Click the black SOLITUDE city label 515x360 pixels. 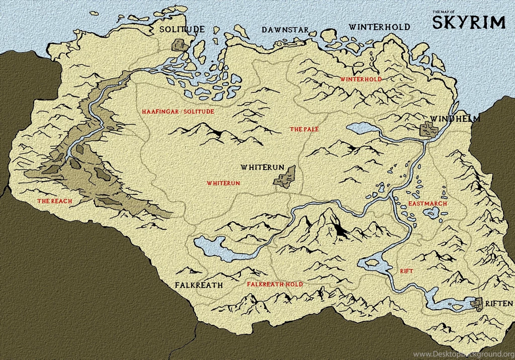pyautogui.click(x=182, y=29)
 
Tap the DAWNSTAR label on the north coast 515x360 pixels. pyautogui.click(x=285, y=30)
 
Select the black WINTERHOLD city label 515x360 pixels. pyautogui.click(x=379, y=27)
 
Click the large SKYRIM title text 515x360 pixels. pyautogui.click(x=469, y=23)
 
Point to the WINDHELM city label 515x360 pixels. pyautogui.click(x=455, y=119)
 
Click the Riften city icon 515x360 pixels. pyautogui.click(x=477, y=303)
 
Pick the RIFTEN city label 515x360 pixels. pyautogui.click(x=499, y=304)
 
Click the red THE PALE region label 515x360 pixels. pyautogui.click(x=304, y=129)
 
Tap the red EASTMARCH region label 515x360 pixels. pyautogui.click(x=427, y=204)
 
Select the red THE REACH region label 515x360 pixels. pyautogui.click(x=54, y=201)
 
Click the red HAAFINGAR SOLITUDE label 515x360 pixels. pyautogui.click(x=178, y=111)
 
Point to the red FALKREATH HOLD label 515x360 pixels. pyautogui.click(x=275, y=284)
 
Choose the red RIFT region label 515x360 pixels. pyautogui.click(x=406, y=271)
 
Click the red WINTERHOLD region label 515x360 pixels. pyautogui.click(x=361, y=79)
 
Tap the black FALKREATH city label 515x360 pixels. pyautogui.click(x=199, y=285)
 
